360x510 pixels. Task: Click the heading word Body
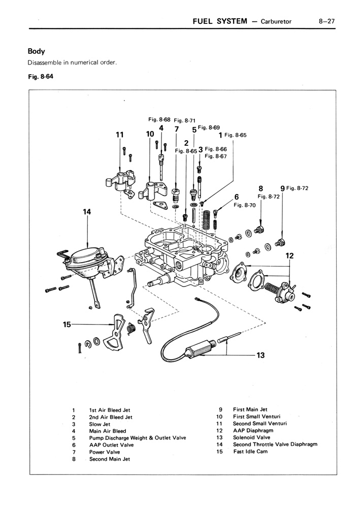point(37,51)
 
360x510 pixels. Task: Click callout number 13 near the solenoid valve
point(260,355)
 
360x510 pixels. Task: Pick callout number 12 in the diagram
point(289,256)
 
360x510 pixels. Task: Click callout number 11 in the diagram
point(120,135)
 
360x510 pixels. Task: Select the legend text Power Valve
point(105,452)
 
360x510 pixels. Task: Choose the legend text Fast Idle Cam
point(250,452)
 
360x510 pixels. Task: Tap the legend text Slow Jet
point(100,424)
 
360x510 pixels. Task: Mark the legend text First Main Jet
point(250,409)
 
